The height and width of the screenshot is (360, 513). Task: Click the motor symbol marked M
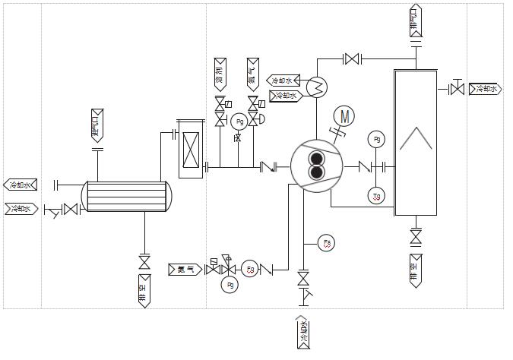pos(345,116)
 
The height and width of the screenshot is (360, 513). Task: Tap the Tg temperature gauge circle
pos(376,197)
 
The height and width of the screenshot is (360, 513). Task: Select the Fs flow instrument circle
pos(327,243)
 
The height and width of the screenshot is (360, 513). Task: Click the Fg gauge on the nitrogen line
pos(251,269)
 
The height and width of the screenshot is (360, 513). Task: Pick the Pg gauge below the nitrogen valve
pos(230,285)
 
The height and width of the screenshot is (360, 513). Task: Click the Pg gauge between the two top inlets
pos(238,122)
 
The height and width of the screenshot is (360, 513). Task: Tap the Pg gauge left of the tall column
pos(376,139)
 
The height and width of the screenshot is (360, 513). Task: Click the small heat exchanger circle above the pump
pos(315,87)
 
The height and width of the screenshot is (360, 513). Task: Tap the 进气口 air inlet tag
pos(97,125)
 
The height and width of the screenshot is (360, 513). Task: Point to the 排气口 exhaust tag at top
pos(415,21)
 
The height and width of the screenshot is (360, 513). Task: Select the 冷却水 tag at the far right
pos(485,90)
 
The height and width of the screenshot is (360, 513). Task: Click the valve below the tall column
pos(416,237)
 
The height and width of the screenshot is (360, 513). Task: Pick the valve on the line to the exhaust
pos(351,58)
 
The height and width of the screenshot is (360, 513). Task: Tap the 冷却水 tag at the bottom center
pos(304,333)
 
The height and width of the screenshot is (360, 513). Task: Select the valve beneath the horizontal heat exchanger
pos(144,262)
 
